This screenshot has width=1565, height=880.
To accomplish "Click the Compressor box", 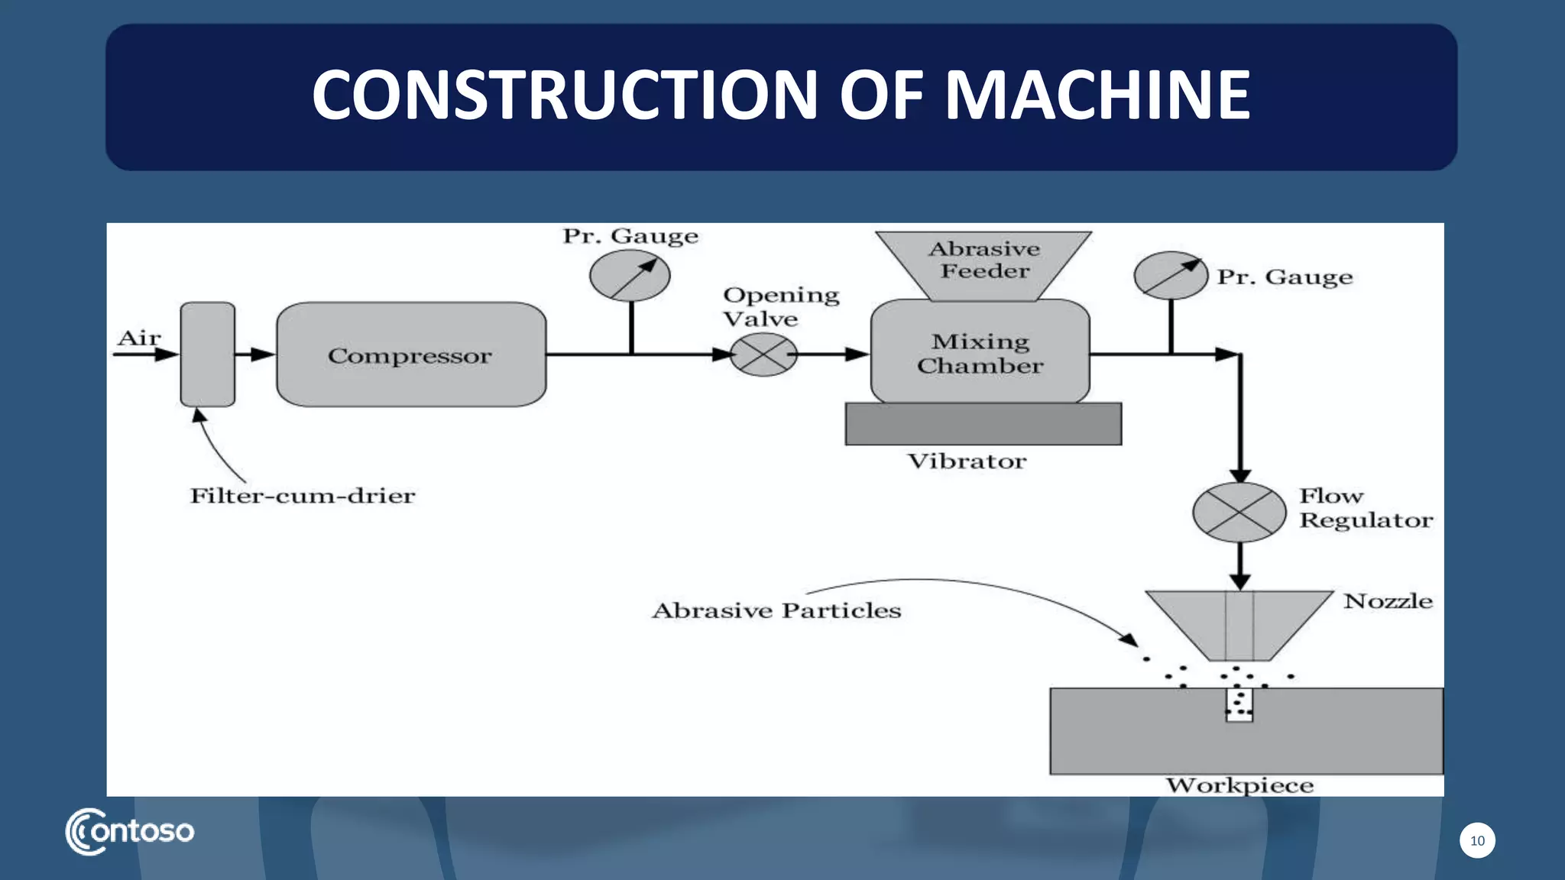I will (411, 354).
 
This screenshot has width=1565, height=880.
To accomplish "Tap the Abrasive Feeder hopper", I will (983, 264).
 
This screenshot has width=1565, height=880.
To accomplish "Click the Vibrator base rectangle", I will (983, 424).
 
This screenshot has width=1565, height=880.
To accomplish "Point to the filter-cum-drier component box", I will (207, 354).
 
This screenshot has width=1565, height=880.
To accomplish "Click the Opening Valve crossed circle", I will (763, 354).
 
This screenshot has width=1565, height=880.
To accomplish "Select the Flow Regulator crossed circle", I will (1239, 512).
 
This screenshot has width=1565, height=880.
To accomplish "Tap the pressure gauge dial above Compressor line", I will (630, 276).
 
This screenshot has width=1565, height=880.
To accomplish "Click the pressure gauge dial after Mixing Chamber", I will (1170, 276).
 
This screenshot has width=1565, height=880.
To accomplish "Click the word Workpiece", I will (1239, 785).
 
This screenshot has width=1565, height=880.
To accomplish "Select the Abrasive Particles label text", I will (776, 610).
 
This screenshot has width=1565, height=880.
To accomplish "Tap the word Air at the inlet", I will (139, 338).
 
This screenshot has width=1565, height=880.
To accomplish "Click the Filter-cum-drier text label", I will (302, 496).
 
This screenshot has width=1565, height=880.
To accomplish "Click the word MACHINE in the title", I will (1097, 95).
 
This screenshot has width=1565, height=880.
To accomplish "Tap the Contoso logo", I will (130, 831).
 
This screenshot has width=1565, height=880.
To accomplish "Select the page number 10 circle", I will (1477, 840).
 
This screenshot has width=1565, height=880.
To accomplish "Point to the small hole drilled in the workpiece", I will (1239, 705).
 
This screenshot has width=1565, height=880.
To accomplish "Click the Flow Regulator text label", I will (1365, 508).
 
